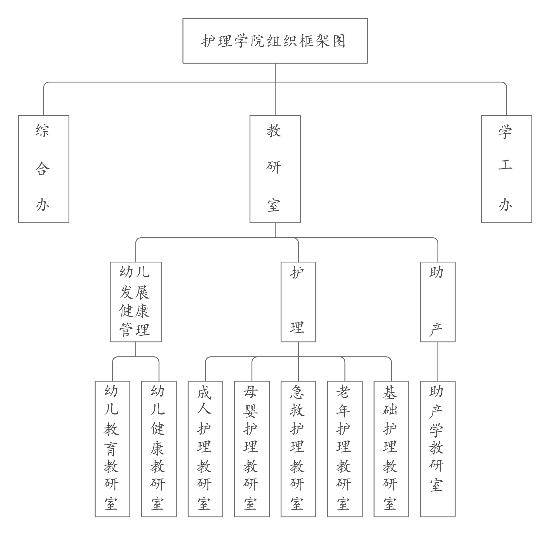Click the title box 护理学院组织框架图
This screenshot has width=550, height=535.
point(275,41)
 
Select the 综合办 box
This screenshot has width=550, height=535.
point(44,169)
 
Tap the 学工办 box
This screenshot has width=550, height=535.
point(506,169)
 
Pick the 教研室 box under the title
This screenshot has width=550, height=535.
point(275,169)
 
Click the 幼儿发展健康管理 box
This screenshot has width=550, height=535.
point(135,302)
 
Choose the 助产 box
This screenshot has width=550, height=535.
point(438,302)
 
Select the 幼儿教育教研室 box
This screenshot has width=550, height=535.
point(112,449)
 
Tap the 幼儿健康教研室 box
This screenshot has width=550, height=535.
point(159,449)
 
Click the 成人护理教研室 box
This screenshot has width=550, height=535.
point(205,449)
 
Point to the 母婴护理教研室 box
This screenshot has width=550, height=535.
point(252,449)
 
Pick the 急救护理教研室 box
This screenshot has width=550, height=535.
point(298,449)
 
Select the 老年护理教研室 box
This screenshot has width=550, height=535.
point(345,449)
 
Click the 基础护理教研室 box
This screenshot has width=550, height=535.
point(391,449)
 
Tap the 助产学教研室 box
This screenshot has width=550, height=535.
point(438,449)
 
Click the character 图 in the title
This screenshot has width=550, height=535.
point(339,41)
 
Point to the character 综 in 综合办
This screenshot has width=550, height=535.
point(43,130)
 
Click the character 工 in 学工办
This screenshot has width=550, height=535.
point(505,165)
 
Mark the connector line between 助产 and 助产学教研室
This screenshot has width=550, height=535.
point(438,361)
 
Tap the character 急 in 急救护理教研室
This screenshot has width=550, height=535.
point(297,392)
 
